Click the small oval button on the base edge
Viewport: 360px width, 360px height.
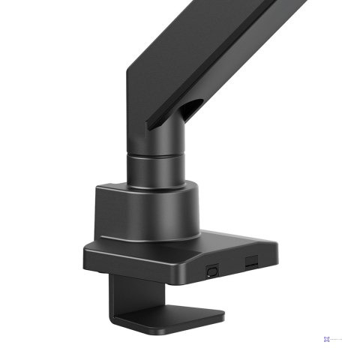(211, 267)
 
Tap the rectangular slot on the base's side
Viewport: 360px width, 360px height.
(250, 261)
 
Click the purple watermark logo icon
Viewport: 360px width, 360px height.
(327, 338)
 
